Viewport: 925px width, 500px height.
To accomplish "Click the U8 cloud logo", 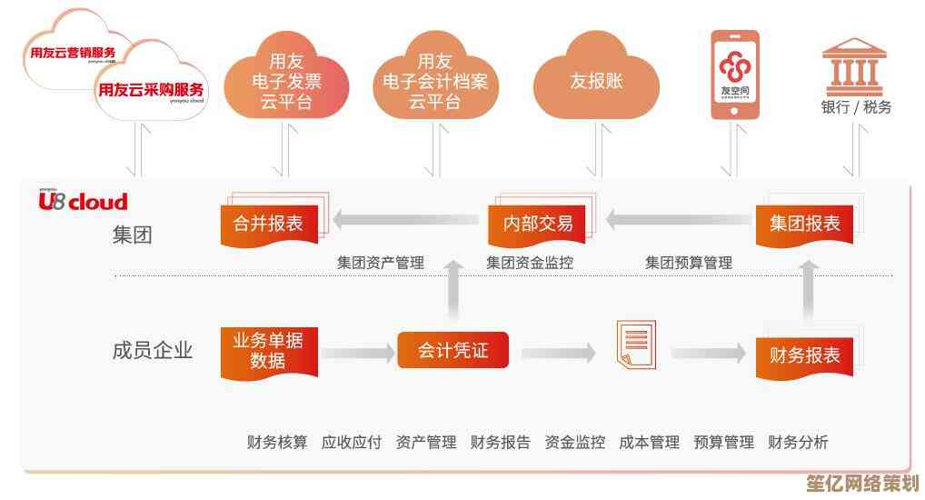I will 83,201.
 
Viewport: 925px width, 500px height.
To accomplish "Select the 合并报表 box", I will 268,224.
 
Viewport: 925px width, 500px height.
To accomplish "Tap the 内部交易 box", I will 538,224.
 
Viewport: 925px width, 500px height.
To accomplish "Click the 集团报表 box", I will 804,224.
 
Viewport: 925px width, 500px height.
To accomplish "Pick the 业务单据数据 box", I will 268,351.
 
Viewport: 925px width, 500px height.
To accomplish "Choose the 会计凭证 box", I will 453,351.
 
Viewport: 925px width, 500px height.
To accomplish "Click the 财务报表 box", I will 804,355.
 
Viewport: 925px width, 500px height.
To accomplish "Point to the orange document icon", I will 634,345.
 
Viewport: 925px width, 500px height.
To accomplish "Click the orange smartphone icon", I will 734,75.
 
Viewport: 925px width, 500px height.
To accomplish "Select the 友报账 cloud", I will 596,80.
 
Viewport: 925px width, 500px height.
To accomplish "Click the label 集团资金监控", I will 529,263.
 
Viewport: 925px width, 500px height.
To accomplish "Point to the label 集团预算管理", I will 688,263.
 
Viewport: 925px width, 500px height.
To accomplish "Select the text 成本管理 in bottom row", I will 649,443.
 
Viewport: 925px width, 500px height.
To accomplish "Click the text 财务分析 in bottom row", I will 798,443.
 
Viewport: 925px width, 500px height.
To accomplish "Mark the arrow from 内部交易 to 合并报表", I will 405,219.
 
